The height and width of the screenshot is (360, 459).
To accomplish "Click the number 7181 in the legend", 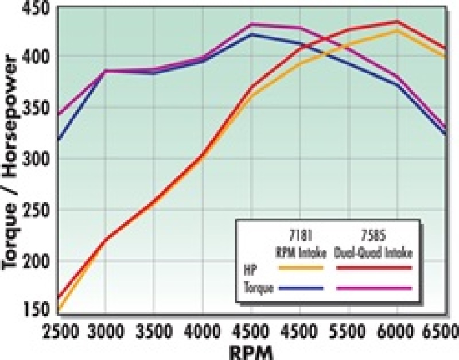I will click(301, 235).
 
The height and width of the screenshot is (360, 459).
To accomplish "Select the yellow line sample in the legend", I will click(301, 268).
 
